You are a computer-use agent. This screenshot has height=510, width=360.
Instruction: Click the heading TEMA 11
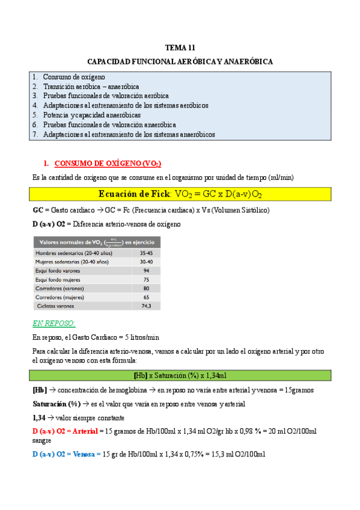click(180, 48)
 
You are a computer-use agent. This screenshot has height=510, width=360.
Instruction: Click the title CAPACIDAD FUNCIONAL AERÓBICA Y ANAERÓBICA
click(180, 62)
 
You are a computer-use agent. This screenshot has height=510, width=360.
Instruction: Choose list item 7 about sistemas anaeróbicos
click(129, 134)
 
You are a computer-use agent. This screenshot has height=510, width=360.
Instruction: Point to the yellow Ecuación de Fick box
click(180, 194)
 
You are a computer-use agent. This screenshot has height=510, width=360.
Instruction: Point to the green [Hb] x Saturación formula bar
click(180, 376)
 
